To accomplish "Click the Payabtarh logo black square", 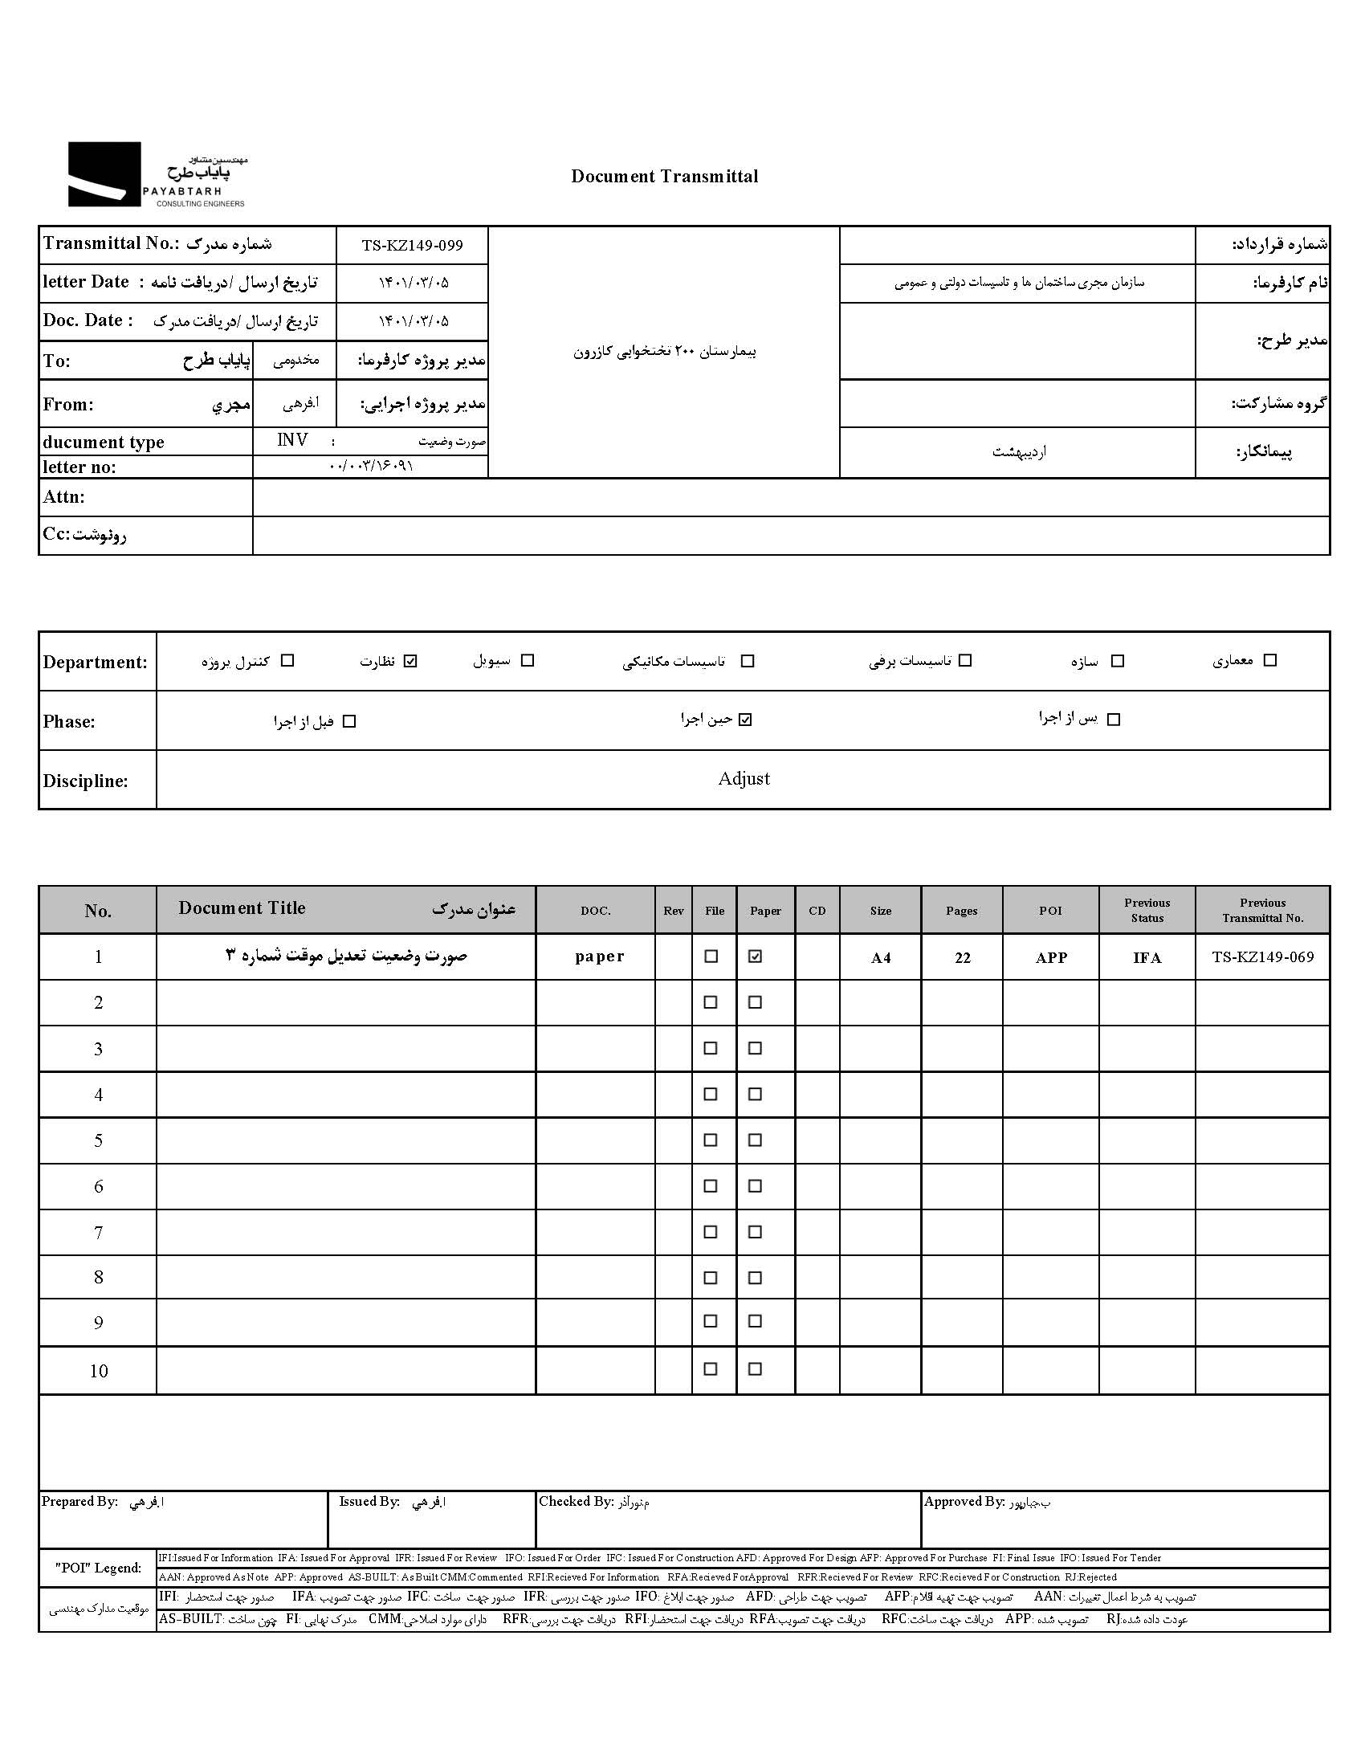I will tap(104, 173).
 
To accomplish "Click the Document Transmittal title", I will tap(664, 177).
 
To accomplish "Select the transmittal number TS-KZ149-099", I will tap(412, 246).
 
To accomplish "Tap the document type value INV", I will tap(292, 440).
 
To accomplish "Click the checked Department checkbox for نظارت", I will tap(410, 661).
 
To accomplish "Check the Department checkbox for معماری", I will tap(1270, 660).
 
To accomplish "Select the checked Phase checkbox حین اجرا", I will tap(745, 720).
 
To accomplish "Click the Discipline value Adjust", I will tap(744, 778).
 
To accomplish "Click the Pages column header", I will tap(961, 911).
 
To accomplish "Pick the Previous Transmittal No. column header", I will tap(1262, 911).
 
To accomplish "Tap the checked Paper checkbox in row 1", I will tap(755, 956).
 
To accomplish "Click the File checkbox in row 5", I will tap(711, 1140).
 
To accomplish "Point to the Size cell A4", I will tap(881, 957).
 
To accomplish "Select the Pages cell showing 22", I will tap(963, 957).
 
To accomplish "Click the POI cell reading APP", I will tap(1050, 957).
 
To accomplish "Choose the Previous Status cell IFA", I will tap(1147, 957).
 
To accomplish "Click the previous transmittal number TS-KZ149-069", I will tap(1262, 957).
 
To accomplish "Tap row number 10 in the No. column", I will tap(98, 1371).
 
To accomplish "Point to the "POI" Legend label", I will tap(98, 1567).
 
